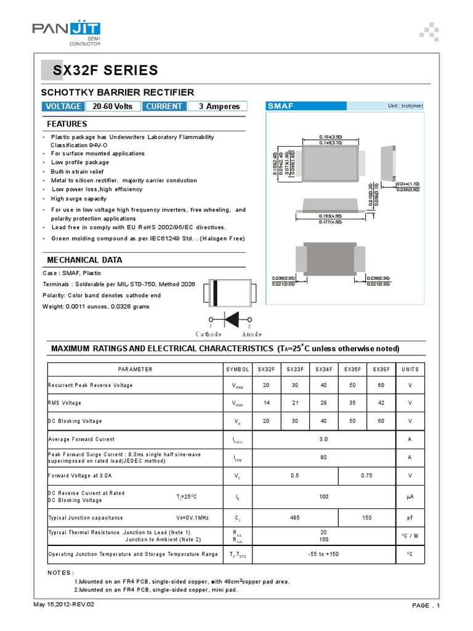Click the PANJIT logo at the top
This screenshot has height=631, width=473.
click(x=67, y=31)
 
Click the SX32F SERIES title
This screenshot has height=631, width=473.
click(x=105, y=71)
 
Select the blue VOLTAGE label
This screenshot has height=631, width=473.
click(x=62, y=106)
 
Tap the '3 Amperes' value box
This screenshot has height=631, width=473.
click(x=219, y=106)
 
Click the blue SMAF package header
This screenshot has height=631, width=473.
click(x=281, y=106)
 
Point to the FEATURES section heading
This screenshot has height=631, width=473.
click(x=67, y=124)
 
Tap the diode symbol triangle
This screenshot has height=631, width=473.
click(x=233, y=319)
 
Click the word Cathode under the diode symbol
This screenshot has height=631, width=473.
click(x=209, y=334)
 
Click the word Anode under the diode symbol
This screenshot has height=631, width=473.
click(x=251, y=334)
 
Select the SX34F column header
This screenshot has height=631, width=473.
click(x=323, y=369)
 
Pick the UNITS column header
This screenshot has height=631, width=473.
click(x=410, y=369)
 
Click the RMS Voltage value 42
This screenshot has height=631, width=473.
click(x=381, y=403)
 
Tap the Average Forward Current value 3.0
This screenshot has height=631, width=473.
click(x=323, y=439)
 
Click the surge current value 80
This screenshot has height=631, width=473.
click(x=323, y=458)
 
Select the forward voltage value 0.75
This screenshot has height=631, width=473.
click(x=367, y=476)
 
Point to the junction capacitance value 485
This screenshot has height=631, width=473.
click(x=294, y=518)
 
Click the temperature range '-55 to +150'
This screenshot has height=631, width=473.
click(x=323, y=554)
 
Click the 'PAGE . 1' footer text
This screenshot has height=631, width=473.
click(x=426, y=606)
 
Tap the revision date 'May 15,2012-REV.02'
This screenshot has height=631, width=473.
click(x=63, y=604)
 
